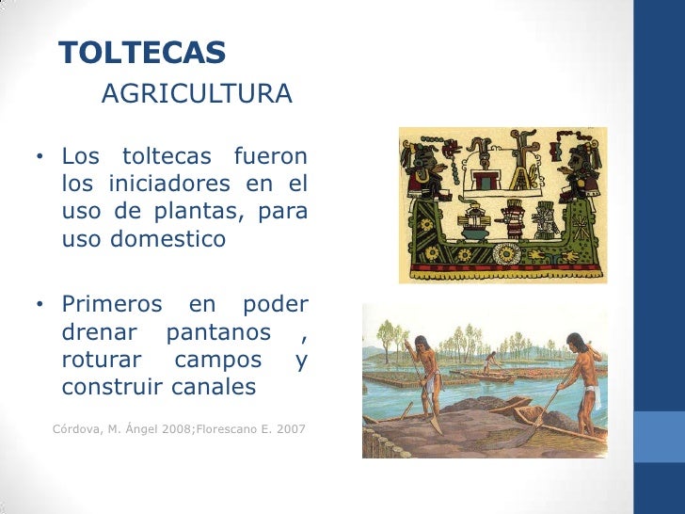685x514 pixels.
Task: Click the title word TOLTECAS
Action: pyautogui.click(x=142, y=54)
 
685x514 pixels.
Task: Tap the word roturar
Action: pyautogui.click(x=101, y=360)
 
